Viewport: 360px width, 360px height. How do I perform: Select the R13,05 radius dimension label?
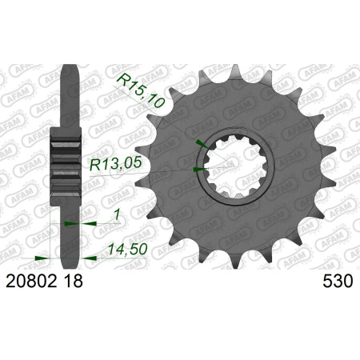(115, 163)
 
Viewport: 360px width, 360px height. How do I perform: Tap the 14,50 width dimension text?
(128, 250)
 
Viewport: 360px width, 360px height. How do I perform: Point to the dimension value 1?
(116, 215)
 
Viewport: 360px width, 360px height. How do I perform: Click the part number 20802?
(31, 282)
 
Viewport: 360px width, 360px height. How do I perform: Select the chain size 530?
(338, 282)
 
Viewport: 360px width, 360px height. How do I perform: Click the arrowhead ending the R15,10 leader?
(202, 143)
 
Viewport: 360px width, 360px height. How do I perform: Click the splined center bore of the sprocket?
(235, 166)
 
